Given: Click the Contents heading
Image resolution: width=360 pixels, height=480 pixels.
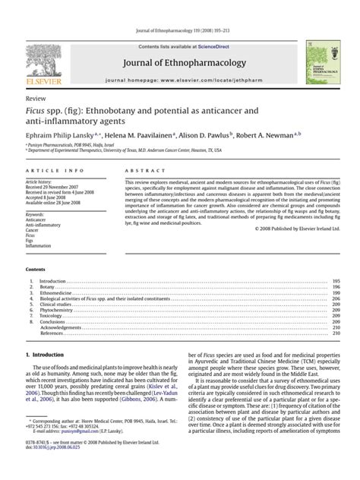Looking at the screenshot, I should [x=36, y=270].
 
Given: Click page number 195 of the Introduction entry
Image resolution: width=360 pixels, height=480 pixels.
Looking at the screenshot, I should [x=336, y=280].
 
